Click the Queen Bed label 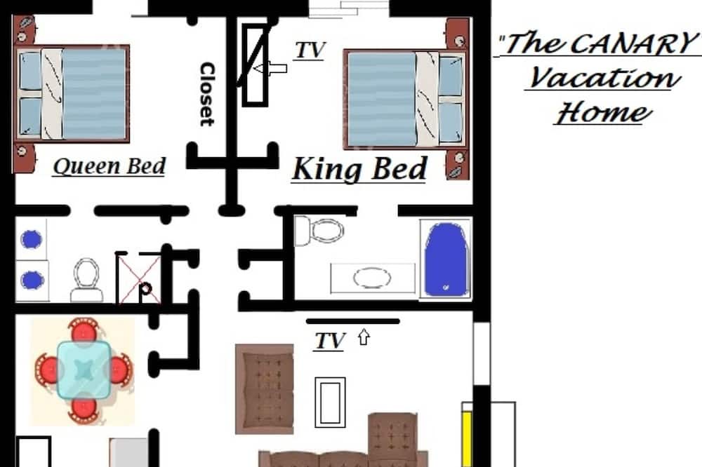coord(110,166)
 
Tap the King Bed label coord(359,169)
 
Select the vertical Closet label coord(207,94)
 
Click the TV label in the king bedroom coord(310,50)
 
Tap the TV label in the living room coord(331,341)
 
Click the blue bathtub coord(446,259)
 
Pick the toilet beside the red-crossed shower coord(86,280)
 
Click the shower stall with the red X coord(138,278)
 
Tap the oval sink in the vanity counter coord(371,278)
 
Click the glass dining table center coord(84,370)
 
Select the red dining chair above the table coord(84,330)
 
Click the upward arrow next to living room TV coord(364,337)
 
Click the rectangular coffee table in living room coord(330,402)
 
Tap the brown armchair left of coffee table coord(265,388)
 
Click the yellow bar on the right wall coord(467,439)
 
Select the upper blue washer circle coord(32,239)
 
